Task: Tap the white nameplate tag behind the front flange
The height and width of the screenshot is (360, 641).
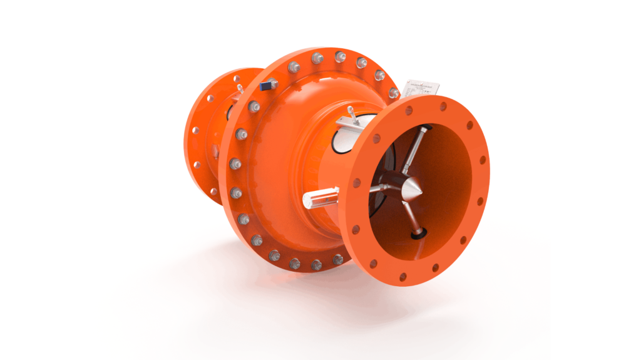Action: (421, 89)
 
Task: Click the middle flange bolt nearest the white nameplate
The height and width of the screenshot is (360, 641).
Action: (393, 93)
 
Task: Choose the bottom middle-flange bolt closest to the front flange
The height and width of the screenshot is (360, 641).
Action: (337, 259)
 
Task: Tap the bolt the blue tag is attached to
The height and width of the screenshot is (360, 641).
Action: (274, 84)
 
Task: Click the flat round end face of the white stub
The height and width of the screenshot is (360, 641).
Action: (307, 200)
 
